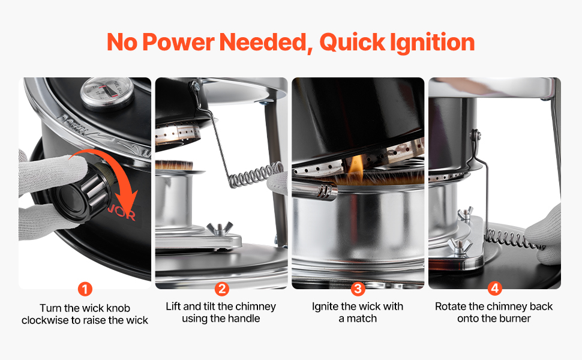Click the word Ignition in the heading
coord(433,43)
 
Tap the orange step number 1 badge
coord(85,289)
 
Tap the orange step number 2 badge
coord(221,289)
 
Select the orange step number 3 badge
coord(358,289)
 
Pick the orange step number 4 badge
coord(494,289)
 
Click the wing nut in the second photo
coord(220,228)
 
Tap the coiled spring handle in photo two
coord(256,175)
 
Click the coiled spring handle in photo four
coord(514,239)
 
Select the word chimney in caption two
coord(256,307)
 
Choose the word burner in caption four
coord(512,319)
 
